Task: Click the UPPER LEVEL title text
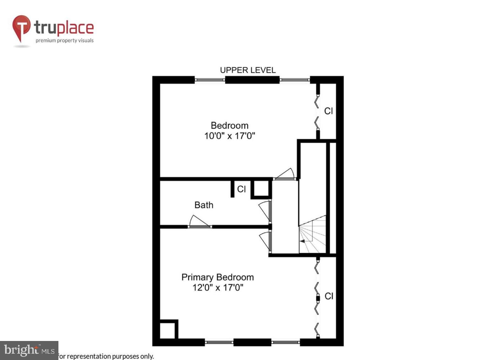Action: [x=248, y=70]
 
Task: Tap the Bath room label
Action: [x=204, y=205]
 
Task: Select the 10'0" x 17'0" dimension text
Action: [x=230, y=136]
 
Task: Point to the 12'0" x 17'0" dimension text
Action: [x=218, y=288]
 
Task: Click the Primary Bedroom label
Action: [x=218, y=277]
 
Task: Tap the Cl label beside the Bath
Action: [x=241, y=189]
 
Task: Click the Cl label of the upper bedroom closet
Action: [x=328, y=111]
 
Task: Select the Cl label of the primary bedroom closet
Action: [x=329, y=296]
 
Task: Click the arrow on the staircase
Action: [x=303, y=241]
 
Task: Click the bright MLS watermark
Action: [x=29, y=350]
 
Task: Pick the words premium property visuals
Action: [x=64, y=40]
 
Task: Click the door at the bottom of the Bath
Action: [x=199, y=222]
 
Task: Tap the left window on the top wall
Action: [x=210, y=80]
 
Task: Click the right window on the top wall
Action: [x=295, y=80]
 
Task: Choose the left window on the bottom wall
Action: [x=219, y=342]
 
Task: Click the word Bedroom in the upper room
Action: [x=230, y=125]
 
